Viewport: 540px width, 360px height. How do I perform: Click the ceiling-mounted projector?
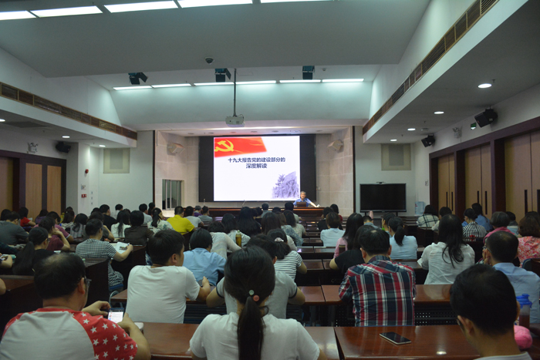coord(235,120)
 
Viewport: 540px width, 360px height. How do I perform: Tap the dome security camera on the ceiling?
coord(209,61)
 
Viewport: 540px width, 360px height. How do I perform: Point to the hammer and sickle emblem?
coord(224,146)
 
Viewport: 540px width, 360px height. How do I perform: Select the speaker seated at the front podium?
coord(303,199)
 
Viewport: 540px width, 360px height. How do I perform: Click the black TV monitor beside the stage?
coord(383,197)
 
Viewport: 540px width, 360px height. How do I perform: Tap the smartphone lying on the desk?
coord(395,338)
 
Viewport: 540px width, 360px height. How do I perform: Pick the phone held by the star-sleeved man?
coord(116,315)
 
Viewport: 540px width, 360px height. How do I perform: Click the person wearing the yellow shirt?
coord(180,221)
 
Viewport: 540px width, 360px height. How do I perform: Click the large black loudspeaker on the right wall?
coord(485,118)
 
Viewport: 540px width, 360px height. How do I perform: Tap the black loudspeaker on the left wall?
coord(63,147)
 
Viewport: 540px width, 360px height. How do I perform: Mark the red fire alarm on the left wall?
coord(86,171)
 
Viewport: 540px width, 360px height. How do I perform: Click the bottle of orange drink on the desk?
coord(238,238)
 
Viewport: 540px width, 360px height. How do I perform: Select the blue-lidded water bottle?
coord(524,310)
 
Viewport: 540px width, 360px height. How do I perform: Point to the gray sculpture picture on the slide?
coord(285,185)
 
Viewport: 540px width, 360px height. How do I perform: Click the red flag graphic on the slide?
coord(240,146)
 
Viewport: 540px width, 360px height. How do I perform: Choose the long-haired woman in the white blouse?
coord(448,251)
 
